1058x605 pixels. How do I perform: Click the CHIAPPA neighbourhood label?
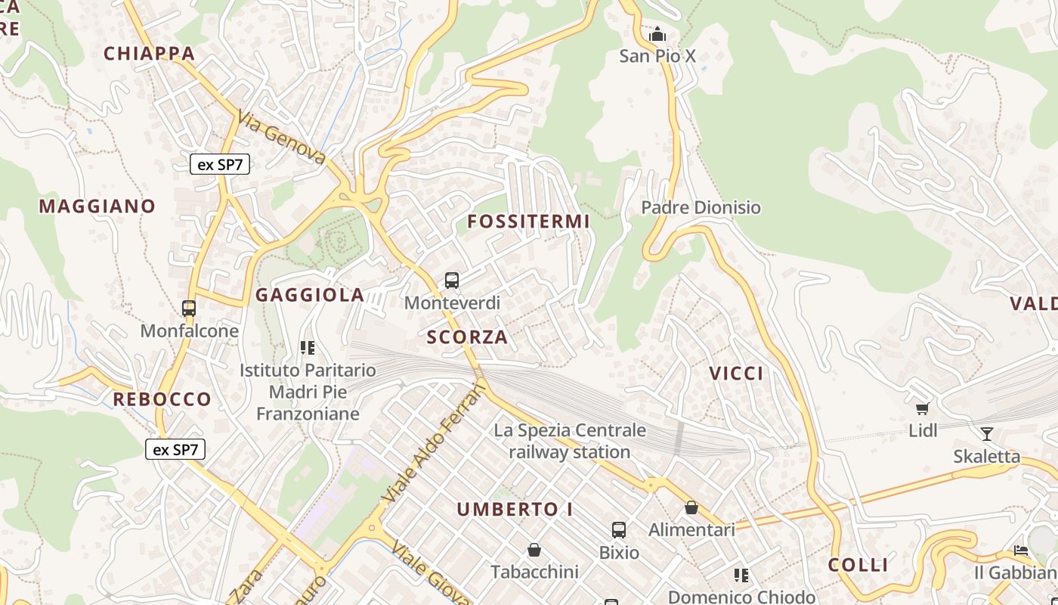click(x=149, y=54)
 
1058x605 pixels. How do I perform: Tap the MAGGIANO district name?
click(x=97, y=206)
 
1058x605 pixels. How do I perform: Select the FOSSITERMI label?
click(x=528, y=222)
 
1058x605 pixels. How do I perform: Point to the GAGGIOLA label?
click(x=310, y=296)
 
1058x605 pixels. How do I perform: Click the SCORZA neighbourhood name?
click(x=467, y=337)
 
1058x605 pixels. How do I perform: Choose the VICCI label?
click(x=736, y=373)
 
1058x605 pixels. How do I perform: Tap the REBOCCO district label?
click(x=162, y=399)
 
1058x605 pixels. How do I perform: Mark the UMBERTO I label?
click(x=515, y=510)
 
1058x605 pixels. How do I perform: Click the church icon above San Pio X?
click(x=657, y=35)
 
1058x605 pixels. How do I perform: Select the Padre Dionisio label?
click(x=701, y=207)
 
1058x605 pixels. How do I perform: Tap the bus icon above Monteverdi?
click(x=452, y=281)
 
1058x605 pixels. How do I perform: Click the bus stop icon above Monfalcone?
click(x=189, y=309)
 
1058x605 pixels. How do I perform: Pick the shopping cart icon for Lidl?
click(x=922, y=409)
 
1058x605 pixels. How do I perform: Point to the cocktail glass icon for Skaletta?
click(x=986, y=434)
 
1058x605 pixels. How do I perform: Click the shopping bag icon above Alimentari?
click(x=691, y=507)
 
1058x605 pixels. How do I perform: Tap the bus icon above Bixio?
click(x=619, y=530)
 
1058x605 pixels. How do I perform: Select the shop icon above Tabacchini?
click(x=534, y=550)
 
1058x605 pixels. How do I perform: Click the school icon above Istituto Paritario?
click(x=308, y=348)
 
